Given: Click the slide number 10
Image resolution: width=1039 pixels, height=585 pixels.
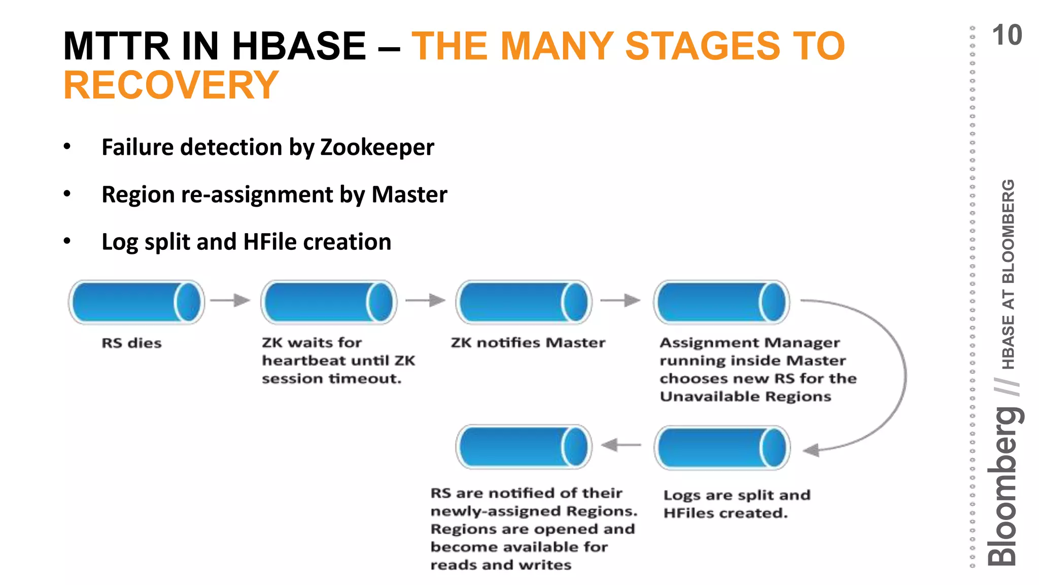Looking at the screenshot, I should [1007, 36].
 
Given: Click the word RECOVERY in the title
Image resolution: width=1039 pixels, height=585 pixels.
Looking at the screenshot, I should [171, 85].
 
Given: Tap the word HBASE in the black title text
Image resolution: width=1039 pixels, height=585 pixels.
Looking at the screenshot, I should [299, 46].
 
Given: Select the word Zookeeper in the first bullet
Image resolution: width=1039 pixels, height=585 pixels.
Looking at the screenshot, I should [377, 148].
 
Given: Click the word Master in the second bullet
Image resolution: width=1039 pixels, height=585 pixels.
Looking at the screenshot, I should [409, 195].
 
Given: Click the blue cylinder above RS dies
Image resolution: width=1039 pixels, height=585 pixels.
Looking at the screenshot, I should [136, 302].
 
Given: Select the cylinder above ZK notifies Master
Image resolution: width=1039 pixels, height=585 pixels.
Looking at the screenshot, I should [524, 302].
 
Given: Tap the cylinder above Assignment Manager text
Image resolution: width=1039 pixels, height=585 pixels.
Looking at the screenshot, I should [721, 302].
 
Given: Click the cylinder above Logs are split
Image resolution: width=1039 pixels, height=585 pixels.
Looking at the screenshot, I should [721, 447].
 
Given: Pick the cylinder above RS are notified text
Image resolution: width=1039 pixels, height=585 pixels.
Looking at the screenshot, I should [524, 447].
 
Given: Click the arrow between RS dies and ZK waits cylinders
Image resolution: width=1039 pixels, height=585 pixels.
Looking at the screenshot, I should [230, 301].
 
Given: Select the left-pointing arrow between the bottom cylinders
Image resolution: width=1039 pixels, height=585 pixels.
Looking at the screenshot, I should [621, 445].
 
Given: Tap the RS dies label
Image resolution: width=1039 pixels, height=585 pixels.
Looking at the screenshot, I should [131, 343].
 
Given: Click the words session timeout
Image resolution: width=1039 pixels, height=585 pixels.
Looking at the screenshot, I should [331, 379].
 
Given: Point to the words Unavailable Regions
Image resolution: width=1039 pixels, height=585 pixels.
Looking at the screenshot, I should [745, 397].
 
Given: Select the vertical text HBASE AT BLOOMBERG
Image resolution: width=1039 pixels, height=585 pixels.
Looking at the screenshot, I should [1009, 274].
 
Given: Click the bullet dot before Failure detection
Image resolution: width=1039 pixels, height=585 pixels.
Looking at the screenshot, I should [67, 147].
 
